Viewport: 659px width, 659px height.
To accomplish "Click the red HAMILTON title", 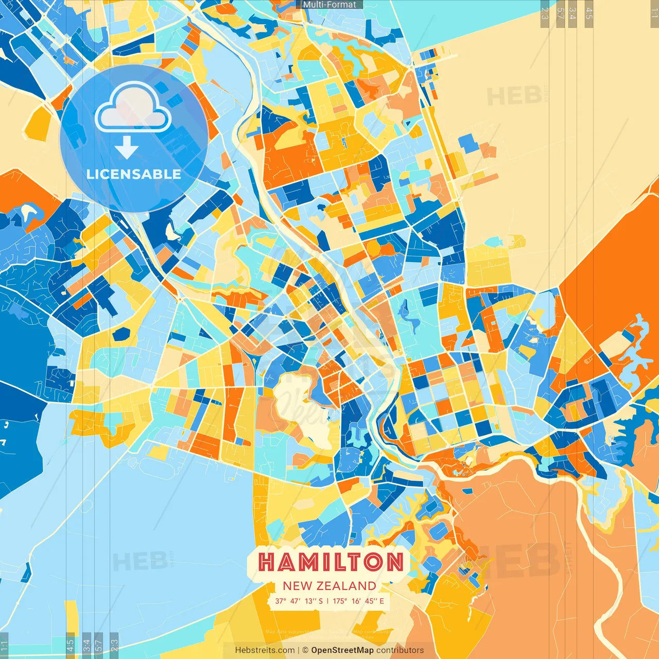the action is [331, 562].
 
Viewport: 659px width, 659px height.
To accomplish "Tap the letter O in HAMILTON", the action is [373, 562].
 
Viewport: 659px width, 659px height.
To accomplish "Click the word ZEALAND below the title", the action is [346, 586].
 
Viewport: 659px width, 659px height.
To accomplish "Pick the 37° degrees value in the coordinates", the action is [281, 601].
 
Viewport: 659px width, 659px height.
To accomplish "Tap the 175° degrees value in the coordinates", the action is [340, 601].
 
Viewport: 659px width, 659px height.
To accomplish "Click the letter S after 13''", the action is [321, 601].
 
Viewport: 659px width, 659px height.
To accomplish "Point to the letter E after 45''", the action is [381, 601].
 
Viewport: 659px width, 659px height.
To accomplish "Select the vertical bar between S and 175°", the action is [327, 601].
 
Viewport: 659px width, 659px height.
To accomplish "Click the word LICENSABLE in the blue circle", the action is [134, 174].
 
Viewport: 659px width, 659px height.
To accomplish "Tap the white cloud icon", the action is [133, 108].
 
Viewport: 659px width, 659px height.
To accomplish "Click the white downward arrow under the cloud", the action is [127, 147].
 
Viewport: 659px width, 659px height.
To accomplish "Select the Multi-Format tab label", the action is [329, 5].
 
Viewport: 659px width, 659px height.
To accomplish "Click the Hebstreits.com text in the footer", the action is [265, 650].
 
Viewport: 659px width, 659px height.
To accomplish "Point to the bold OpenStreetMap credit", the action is [342, 650].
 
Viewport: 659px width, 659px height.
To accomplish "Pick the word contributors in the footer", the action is [400, 650].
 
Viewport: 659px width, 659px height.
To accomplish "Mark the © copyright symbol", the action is [305, 650].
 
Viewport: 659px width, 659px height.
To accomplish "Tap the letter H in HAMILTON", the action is [267, 562].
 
